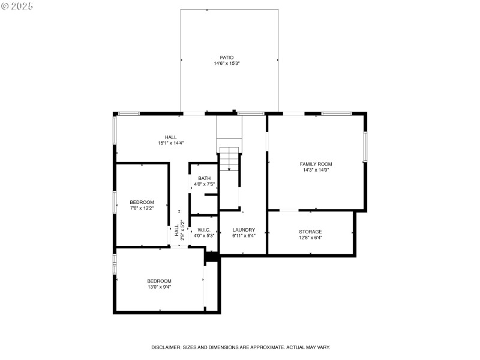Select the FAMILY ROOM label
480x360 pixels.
coord(316,164)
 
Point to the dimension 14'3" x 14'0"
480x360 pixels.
coord(316,170)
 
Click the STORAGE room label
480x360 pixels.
coord(310,232)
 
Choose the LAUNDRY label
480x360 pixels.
coord(244,230)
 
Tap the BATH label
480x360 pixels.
coord(205,178)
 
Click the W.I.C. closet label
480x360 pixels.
coord(204,230)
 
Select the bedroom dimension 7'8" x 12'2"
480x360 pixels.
coord(142,208)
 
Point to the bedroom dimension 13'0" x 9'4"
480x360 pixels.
coord(159,287)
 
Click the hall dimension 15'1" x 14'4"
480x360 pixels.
coord(171,143)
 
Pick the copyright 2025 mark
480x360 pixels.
coord(17,5)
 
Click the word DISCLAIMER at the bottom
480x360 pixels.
coord(165,347)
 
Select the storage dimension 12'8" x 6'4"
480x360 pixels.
coord(310,238)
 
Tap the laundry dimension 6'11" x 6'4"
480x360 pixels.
coord(244,236)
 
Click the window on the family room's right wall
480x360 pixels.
coord(365,146)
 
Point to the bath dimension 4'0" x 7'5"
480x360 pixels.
coord(205,184)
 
